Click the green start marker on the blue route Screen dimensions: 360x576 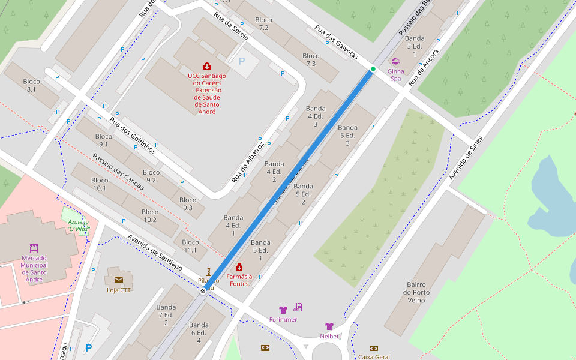[x=373, y=69]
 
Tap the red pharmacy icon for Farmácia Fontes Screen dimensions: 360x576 [x=239, y=267]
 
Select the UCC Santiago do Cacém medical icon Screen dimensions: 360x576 [x=207, y=66]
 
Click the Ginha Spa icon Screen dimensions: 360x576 [x=395, y=61]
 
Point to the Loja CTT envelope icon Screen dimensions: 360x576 [x=118, y=280]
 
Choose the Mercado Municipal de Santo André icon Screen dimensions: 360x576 [x=34, y=248]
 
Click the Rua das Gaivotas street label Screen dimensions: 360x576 [x=336, y=43]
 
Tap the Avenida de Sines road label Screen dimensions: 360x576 [x=466, y=158]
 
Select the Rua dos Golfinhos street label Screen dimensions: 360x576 [x=132, y=135]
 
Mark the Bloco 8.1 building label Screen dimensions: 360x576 [x=31, y=85]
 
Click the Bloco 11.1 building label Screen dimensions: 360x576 [x=190, y=246]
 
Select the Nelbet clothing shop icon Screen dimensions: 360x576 [x=329, y=326]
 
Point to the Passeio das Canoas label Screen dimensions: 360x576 [x=118, y=172]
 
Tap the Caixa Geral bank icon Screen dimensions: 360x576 [x=374, y=349]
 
